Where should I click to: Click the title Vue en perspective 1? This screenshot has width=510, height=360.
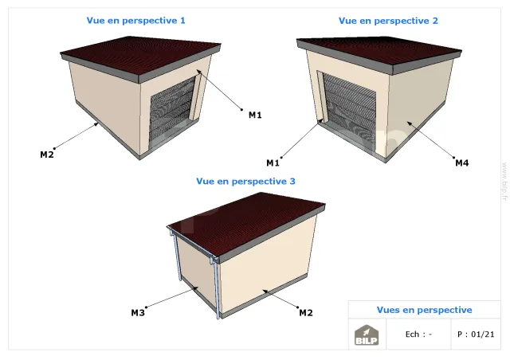[136, 21]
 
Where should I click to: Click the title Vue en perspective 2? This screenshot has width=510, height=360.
[388, 21]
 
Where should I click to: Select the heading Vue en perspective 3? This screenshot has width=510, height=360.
[246, 181]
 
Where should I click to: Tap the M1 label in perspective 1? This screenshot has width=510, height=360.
[255, 115]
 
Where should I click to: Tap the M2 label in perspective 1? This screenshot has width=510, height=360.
[47, 155]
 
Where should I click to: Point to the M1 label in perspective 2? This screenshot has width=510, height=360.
[273, 163]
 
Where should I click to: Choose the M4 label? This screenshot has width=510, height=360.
[462, 163]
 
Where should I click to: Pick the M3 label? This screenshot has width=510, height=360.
[138, 313]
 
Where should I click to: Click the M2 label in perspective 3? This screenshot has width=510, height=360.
[306, 313]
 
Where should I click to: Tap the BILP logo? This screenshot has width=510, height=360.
[367, 335]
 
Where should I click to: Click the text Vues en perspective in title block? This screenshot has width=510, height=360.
[425, 310]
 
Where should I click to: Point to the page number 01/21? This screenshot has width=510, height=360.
[483, 335]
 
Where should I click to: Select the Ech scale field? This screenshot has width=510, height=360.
[418, 335]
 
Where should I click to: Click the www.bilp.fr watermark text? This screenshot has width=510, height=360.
[504, 181]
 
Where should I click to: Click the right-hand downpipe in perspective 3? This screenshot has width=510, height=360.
[217, 290]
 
